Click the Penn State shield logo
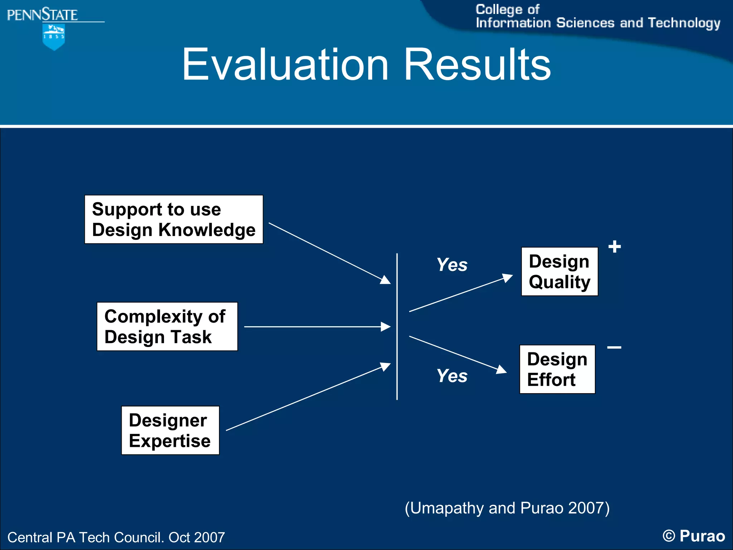coord(54,37)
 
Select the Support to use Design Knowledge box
coord(174,219)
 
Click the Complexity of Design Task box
coord(167,327)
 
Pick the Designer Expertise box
coord(170,430)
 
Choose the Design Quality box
coord(559,271)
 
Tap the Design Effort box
coord(557,369)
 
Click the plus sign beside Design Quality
coord(615,247)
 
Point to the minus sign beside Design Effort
coord(614,347)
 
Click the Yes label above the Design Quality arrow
coord(452,265)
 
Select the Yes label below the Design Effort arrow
coord(452,376)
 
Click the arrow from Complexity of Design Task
coord(315,327)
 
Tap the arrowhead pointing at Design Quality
coord(508,278)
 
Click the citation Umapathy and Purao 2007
coord(507,508)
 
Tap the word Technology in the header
coord(684,23)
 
